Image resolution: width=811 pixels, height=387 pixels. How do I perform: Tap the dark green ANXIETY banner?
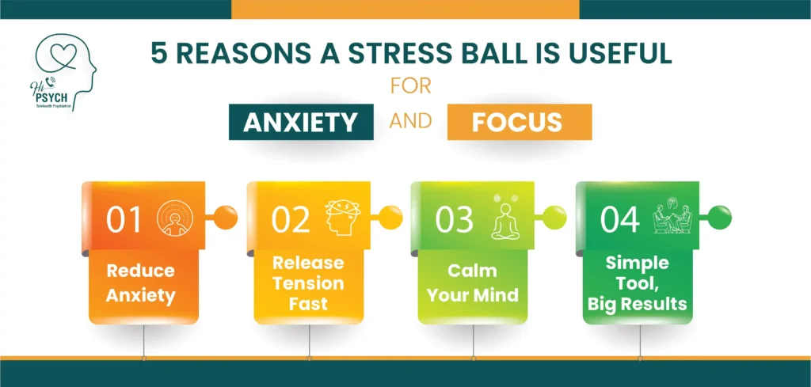(302, 123)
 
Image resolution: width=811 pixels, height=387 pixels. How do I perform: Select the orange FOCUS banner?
(518, 123)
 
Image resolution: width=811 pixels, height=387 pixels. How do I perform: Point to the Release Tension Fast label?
(308, 283)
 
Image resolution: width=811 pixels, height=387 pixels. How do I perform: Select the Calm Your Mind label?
(473, 283)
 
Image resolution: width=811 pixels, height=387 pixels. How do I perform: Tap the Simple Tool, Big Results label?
(638, 283)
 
